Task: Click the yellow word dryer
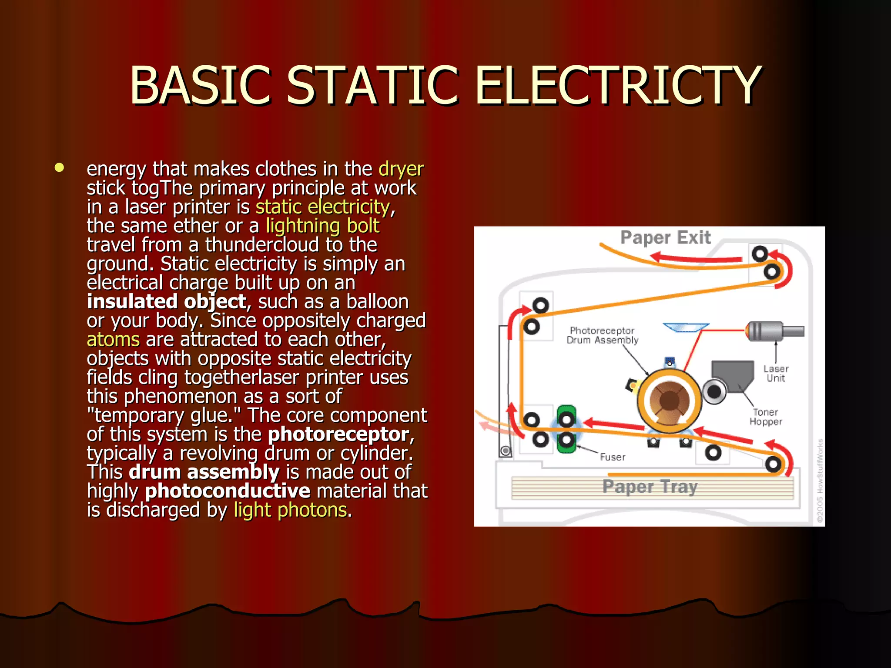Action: click(401, 169)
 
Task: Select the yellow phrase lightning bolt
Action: click(322, 226)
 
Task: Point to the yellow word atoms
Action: click(113, 340)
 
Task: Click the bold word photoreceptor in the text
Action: click(338, 434)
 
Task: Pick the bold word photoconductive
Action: click(228, 491)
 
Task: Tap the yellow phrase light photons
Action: click(290, 510)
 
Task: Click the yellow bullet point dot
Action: click(60, 168)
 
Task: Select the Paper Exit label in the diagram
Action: click(665, 237)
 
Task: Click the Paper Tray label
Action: click(650, 487)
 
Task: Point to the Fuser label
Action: click(613, 457)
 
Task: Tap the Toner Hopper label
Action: click(765, 417)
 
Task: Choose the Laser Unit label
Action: click(776, 374)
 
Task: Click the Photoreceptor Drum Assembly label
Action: click(602, 335)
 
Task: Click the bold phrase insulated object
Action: click(167, 302)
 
